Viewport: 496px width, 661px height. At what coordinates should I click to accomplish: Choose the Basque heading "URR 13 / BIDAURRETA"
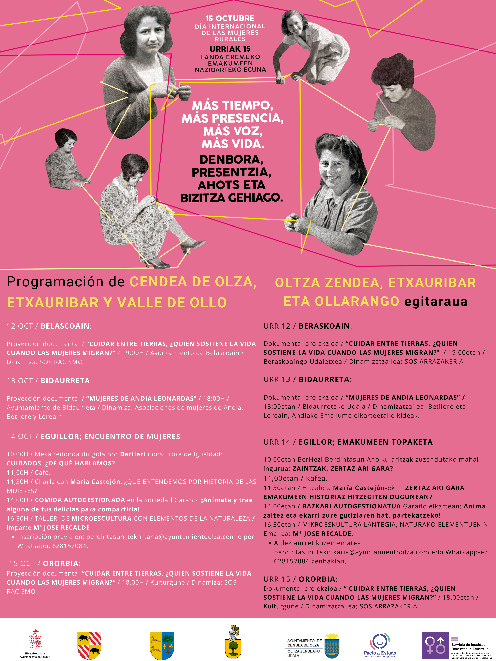pyautogui.click(x=307, y=379)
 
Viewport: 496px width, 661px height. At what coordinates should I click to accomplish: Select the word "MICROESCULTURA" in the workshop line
pyautogui.click(x=102, y=518)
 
